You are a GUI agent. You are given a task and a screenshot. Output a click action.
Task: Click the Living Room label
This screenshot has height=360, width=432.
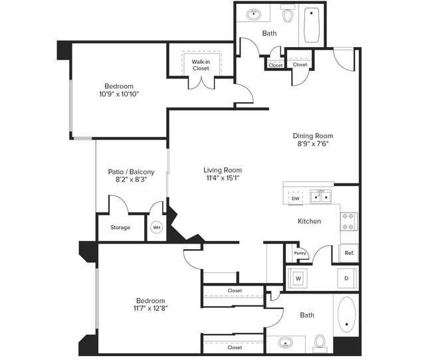pos(223,170)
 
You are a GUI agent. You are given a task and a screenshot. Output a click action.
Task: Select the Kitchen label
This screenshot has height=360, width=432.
pos(309,221)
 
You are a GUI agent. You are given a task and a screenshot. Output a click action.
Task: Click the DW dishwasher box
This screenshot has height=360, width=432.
pos(295,198)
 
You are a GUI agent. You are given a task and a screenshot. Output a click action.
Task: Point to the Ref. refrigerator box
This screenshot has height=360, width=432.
pos(349,253)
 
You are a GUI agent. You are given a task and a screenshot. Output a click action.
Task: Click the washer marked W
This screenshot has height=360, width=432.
pos(298,278)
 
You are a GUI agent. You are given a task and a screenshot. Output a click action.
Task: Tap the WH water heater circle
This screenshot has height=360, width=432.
pos(157,227)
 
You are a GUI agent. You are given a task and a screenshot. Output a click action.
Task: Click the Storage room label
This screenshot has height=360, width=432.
pos(120,228)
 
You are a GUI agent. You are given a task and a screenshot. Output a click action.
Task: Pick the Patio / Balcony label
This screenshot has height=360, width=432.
pos(131,172)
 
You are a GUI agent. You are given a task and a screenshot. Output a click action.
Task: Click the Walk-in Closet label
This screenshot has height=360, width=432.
pos(201,65)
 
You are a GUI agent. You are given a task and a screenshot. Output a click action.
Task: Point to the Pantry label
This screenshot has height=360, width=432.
pos(300,253)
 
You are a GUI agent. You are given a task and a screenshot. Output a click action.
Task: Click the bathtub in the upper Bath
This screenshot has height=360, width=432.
pos(312,24)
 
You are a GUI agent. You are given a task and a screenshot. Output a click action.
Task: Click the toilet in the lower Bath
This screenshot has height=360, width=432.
pos(319,342)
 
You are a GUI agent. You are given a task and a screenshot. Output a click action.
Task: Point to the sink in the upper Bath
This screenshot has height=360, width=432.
pos(254,13)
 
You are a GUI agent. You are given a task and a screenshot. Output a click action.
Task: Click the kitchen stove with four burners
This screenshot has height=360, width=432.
pos(349,222)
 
